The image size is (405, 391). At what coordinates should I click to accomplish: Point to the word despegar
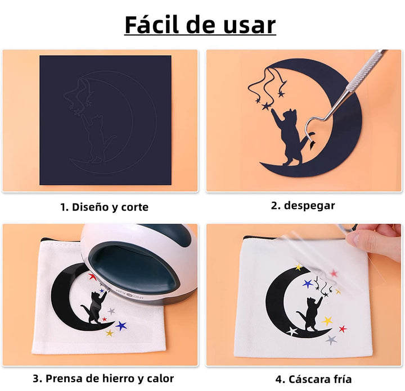[x=309, y=206]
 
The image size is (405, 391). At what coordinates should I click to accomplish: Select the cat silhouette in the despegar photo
[x=291, y=137]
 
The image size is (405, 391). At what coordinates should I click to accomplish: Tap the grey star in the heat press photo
[x=111, y=311]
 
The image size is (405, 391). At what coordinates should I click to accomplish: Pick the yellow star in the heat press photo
[x=110, y=333]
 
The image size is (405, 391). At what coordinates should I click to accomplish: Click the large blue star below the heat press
[x=121, y=326]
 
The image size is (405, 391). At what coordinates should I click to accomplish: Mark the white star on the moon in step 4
[x=292, y=331]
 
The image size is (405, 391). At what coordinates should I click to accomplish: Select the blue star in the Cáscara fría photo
[x=308, y=284]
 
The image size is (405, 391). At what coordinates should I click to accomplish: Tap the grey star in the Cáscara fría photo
[x=331, y=340]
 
